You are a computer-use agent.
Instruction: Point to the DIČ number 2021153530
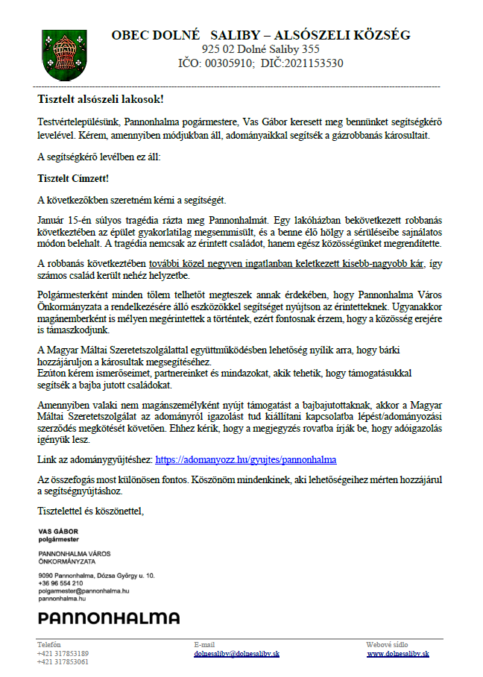click(310, 63)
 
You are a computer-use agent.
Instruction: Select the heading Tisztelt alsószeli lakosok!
click(101, 98)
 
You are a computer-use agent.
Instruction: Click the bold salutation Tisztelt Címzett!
click(73, 179)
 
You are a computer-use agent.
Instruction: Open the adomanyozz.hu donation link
click(246, 459)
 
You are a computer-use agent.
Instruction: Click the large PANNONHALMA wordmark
click(109, 618)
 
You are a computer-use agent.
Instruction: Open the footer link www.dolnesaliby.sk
click(398, 653)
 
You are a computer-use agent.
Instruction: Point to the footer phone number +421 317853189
click(63, 653)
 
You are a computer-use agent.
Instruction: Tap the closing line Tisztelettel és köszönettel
click(90, 511)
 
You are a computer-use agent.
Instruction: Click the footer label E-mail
click(204, 644)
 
